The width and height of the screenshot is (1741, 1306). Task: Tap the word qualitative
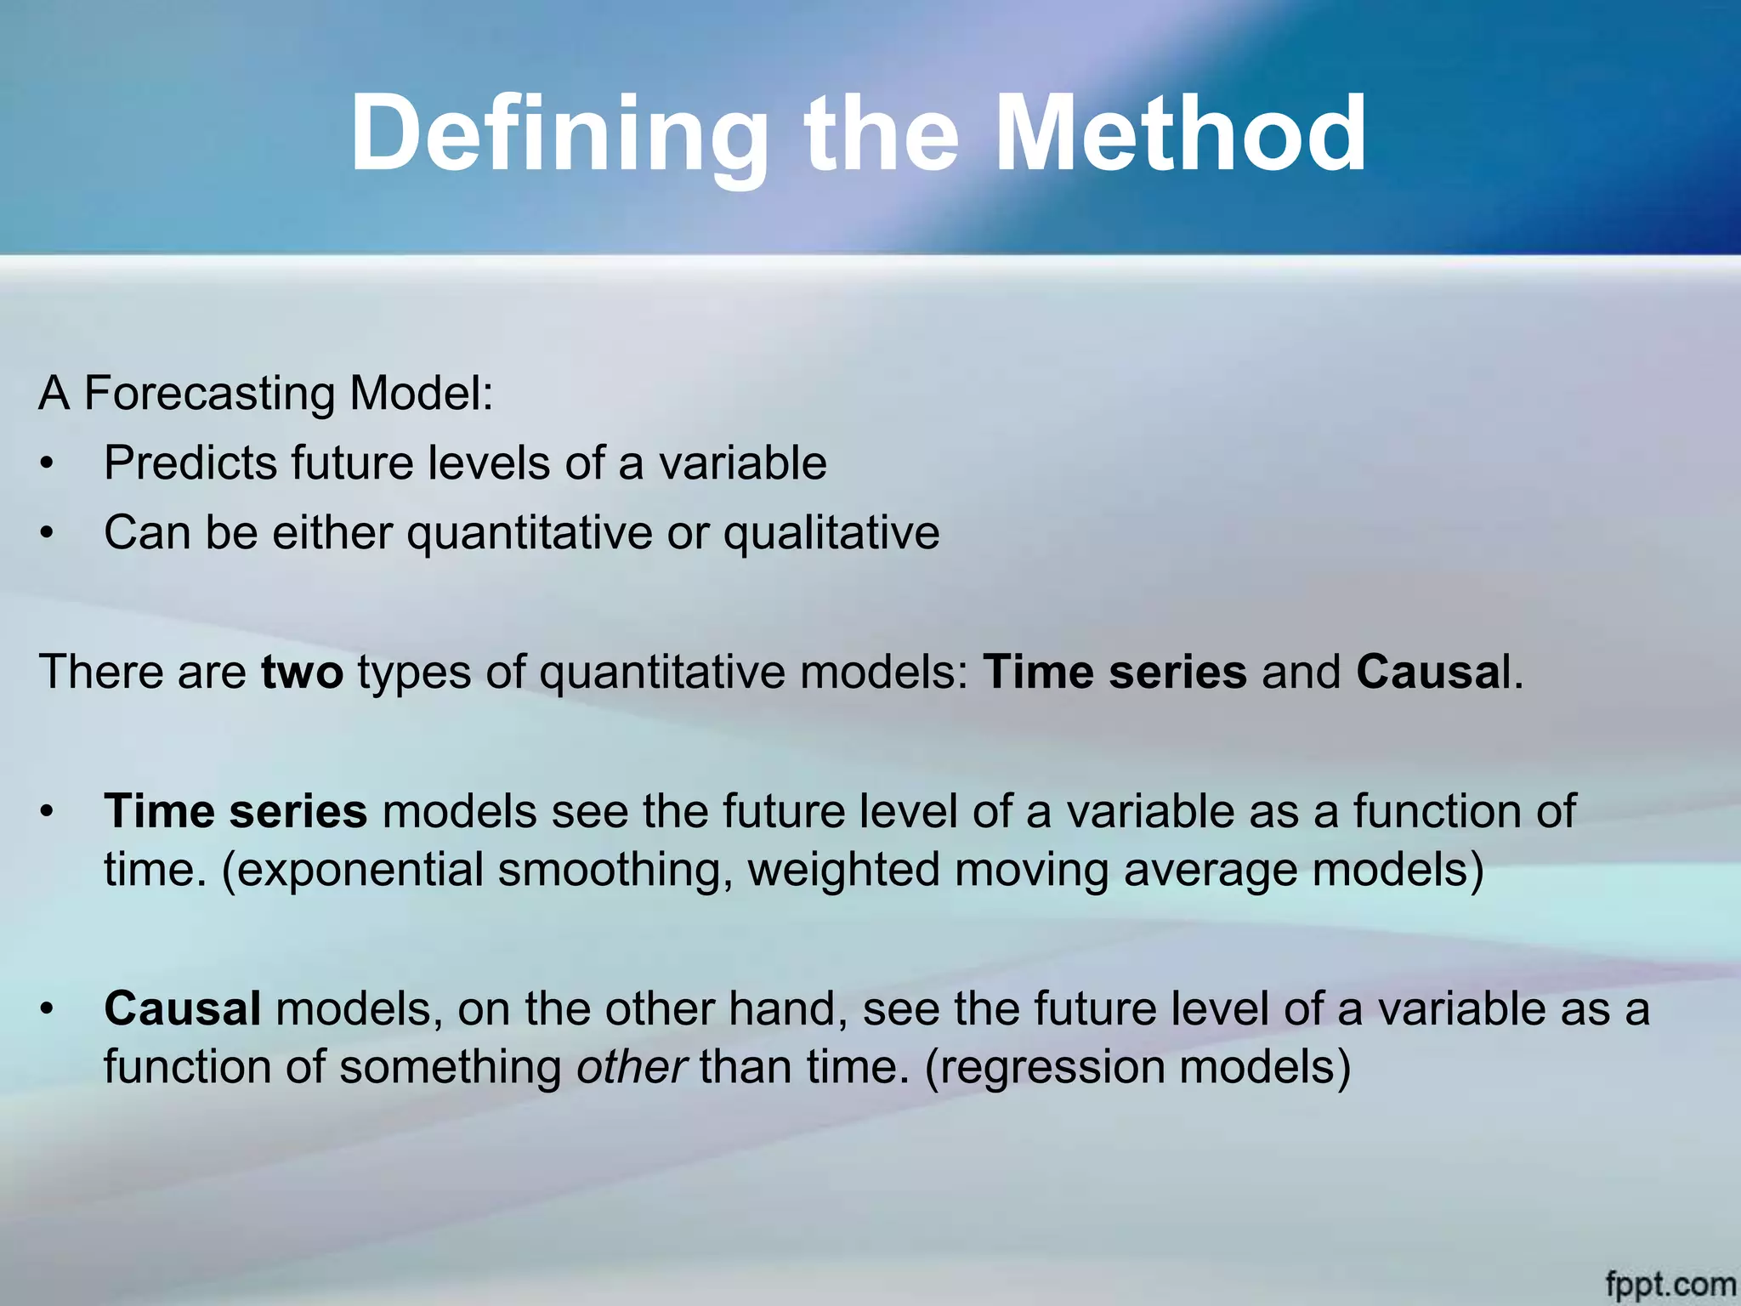(831, 534)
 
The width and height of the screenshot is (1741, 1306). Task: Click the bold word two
(302, 672)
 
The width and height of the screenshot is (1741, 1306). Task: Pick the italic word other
(631, 1066)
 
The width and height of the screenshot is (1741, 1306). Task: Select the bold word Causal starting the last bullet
(182, 1008)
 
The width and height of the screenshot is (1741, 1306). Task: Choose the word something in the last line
(451, 1068)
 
